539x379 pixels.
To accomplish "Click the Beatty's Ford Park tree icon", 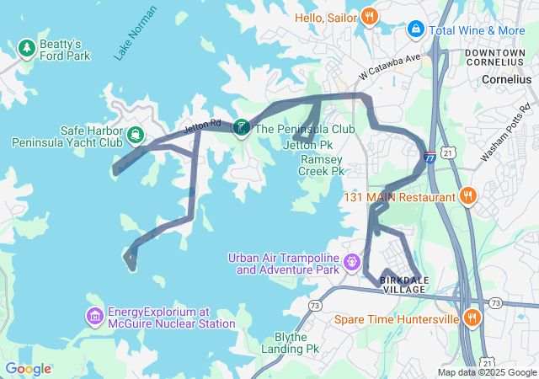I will coord(27,46).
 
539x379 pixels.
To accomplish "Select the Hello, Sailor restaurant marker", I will coord(369,17).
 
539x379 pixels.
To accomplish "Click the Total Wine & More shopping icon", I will coord(415,29).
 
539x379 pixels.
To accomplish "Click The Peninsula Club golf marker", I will coord(242,128).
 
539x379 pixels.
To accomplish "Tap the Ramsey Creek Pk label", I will coord(322,164).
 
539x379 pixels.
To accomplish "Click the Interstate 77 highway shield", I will coord(430,156).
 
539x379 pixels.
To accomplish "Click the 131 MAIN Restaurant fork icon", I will coord(468,197).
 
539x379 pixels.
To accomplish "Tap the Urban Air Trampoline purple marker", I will coord(351,264).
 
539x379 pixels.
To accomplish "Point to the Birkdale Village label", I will coord(403,284).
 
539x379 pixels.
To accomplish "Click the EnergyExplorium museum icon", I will coord(94,317).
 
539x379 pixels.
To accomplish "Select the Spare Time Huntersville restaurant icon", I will coord(472,318).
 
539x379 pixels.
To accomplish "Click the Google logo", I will coord(28,369).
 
